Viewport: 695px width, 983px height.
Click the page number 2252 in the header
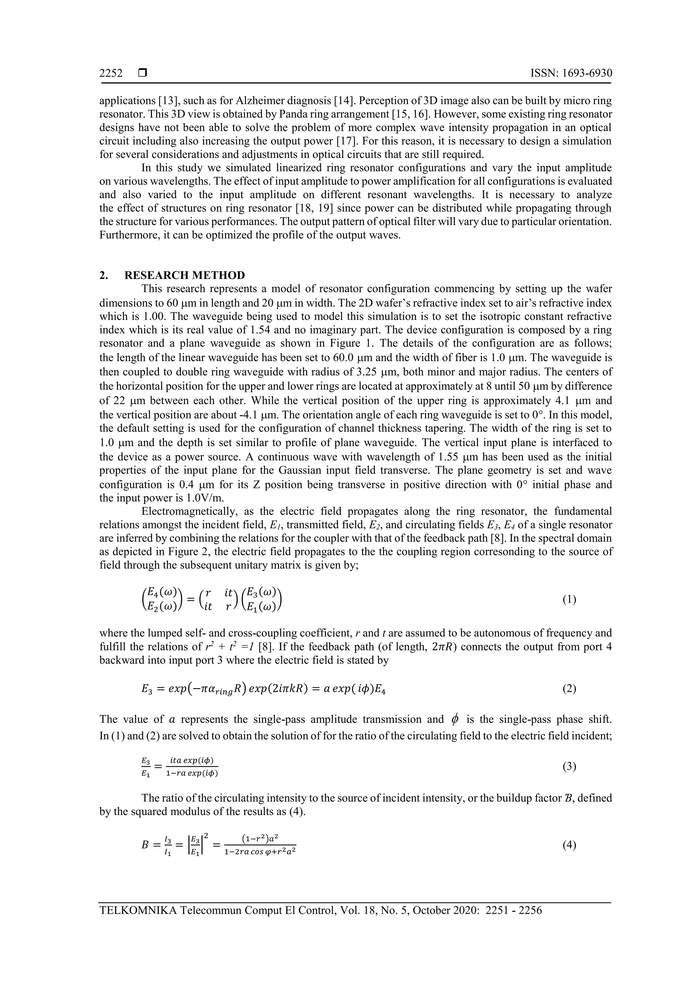coord(111,73)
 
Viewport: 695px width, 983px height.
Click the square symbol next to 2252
coord(142,73)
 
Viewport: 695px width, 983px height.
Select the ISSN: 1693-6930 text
coord(571,73)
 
